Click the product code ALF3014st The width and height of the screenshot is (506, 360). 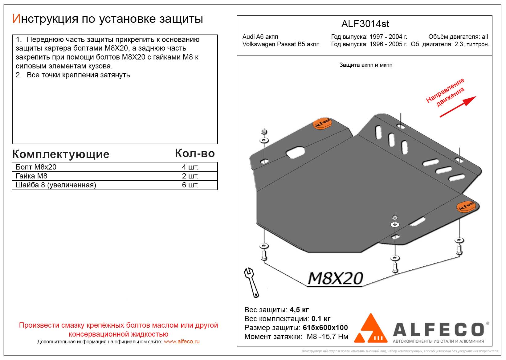365,24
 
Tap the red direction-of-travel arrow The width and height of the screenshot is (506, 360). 458,107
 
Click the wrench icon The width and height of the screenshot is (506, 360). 251,282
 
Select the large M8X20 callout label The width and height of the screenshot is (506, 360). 335,279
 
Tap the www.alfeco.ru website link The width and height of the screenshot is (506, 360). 182,342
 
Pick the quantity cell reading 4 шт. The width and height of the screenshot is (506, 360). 190,167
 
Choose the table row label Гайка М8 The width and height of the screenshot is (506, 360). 31,176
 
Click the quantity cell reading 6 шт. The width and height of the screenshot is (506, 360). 190,185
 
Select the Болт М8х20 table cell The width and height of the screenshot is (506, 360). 36,167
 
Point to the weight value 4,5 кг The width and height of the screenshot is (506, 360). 299,310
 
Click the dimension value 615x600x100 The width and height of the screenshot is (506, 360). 325,328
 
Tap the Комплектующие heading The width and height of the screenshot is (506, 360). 61,154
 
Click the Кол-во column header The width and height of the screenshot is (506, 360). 195,153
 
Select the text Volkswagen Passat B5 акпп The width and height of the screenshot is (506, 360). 281,44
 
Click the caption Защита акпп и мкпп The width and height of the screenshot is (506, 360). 366,65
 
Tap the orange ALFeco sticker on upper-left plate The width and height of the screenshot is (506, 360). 322,123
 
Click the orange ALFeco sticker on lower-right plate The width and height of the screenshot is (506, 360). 467,207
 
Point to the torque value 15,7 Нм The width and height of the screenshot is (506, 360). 334,337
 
